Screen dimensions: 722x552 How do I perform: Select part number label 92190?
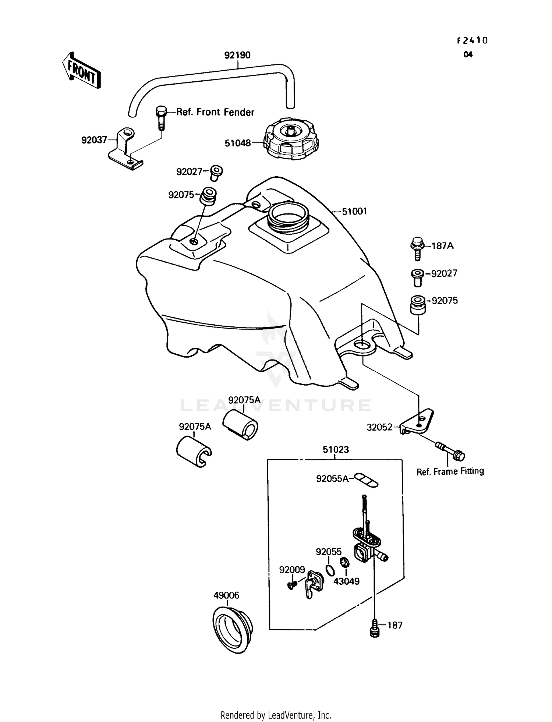click(x=237, y=55)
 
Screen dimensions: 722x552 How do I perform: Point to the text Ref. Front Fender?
click(x=215, y=112)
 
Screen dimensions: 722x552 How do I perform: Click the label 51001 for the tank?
click(x=354, y=212)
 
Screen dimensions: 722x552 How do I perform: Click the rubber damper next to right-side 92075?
click(x=418, y=305)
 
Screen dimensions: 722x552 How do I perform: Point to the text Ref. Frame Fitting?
click(x=450, y=471)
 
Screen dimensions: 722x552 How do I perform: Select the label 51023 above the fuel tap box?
click(x=336, y=450)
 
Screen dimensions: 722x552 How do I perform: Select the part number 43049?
click(x=346, y=581)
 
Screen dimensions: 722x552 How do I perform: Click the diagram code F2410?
click(x=472, y=41)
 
